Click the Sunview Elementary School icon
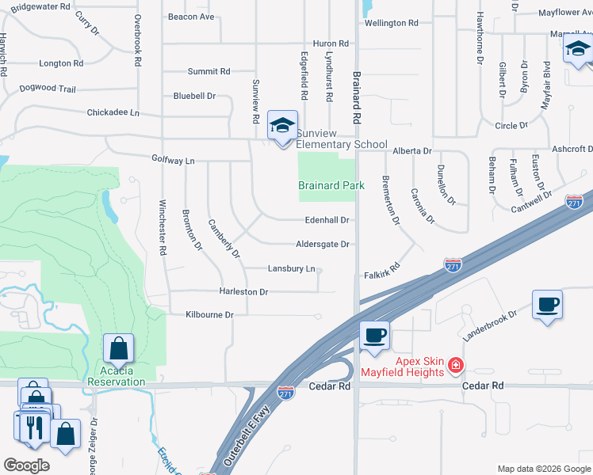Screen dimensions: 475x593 [x=282, y=125]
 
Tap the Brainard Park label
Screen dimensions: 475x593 [x=331, y=186]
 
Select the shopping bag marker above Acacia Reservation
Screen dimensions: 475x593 [x=118, y=348]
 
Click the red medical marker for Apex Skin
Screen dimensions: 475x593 [x=456, y=366]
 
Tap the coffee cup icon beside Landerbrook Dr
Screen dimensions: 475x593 [x=547, y=304]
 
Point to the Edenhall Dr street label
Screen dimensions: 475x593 [x=327, y=220]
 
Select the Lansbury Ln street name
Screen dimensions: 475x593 [x=292, y=269]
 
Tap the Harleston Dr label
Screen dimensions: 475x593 [x=243, y=292]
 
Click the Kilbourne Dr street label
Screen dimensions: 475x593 [x=209, y=315]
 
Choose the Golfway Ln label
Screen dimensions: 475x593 [x=173, y=160]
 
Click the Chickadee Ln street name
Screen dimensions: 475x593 [x=113, y=113]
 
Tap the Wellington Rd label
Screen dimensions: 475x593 [x=391, y=24]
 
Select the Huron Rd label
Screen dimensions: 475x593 [x=331, y=44]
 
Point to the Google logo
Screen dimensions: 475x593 [x=26, y=465]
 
